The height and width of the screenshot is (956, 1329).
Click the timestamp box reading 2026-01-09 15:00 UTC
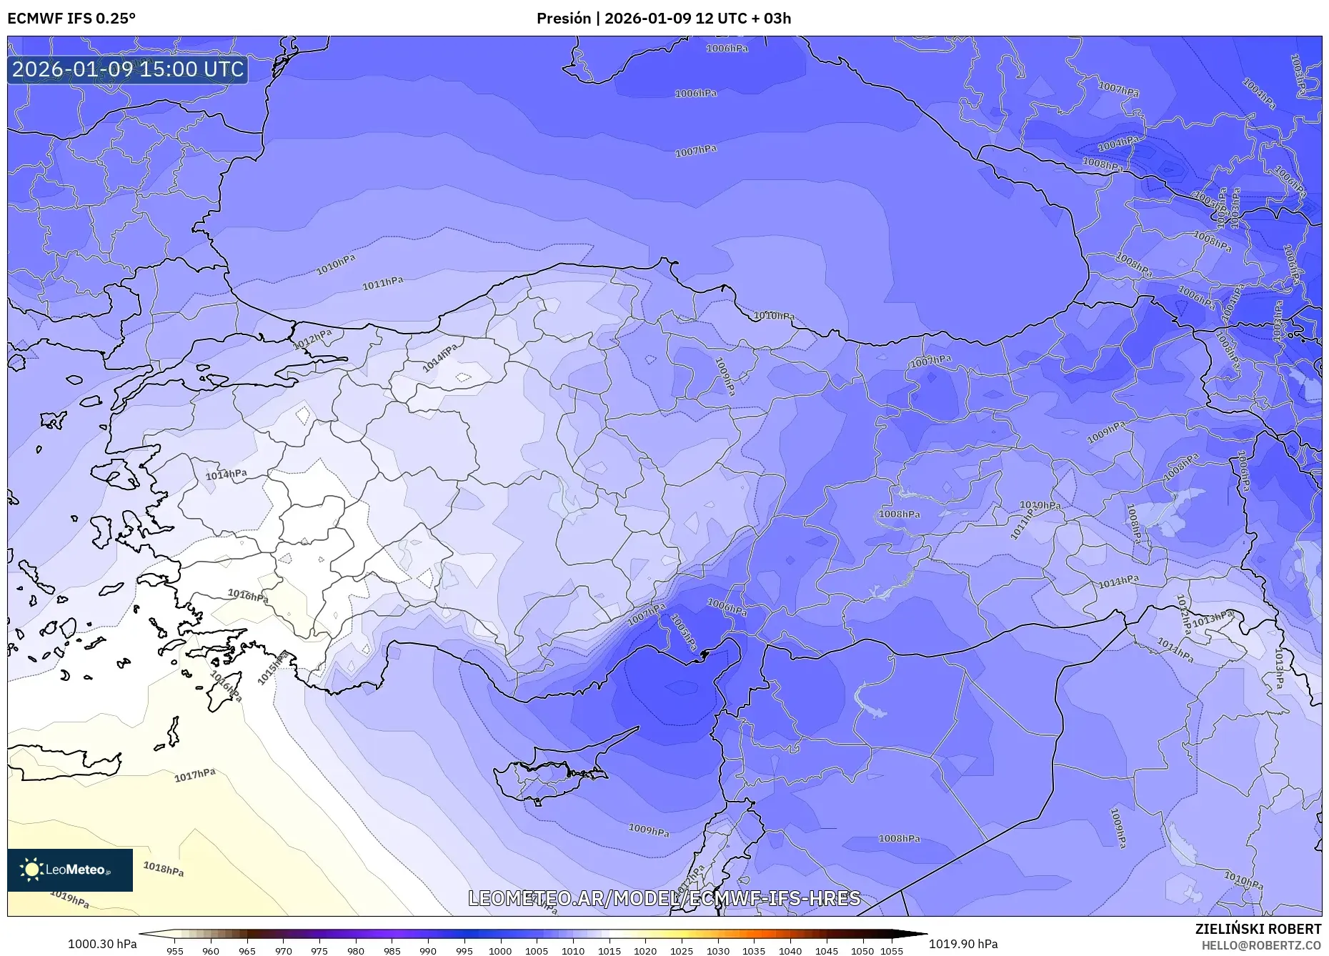point(128,69)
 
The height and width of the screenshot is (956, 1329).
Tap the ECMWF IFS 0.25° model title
point(71,19)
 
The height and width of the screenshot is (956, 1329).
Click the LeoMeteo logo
point(69,870)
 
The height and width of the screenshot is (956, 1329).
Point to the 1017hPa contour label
point(194,775)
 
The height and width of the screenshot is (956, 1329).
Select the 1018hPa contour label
point(163,869)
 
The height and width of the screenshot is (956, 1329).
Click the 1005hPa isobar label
point(684,632)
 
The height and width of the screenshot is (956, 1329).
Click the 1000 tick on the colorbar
point(500,951)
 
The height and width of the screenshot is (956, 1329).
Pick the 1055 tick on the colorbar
point(892,951)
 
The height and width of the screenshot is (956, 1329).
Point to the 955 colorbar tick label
point(175,951)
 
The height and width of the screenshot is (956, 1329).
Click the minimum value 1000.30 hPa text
point(102,944)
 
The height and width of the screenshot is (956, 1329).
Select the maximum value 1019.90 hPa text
point(963,944)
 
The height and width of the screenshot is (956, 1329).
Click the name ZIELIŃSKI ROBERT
point(1258,929)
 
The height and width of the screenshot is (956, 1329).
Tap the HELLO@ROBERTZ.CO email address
point(1260,945)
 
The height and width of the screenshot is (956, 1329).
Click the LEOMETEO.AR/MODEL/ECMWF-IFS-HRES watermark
point(664,898)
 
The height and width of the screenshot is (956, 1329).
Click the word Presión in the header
point(563,19)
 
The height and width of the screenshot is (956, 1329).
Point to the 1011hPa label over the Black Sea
point(382,284)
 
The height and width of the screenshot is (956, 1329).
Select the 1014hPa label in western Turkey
point(226,474)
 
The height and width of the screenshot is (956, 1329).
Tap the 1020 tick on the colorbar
point(645,951)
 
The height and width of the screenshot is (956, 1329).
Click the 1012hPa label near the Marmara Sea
point(313,339)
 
